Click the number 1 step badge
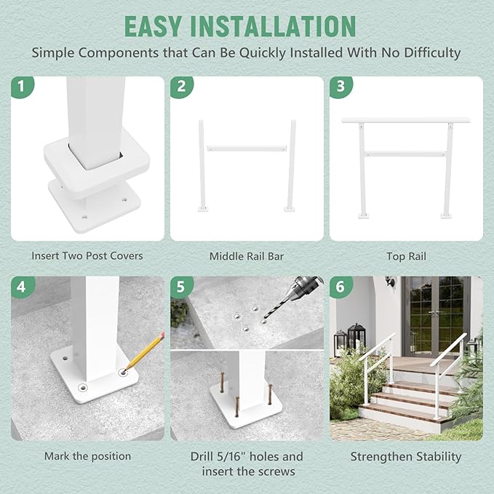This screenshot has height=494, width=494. (22, 87)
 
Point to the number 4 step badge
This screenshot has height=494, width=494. (22, 287)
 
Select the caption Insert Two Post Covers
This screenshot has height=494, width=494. (87, 256)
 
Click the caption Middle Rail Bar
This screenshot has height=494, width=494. (247, 256)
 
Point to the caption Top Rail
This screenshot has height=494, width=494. (406, 256)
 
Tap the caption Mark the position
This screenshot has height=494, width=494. (87, 456)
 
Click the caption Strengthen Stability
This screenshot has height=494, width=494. (406, 456)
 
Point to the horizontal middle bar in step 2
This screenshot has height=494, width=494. (247, 148)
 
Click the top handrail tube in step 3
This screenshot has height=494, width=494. (406, 119)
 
